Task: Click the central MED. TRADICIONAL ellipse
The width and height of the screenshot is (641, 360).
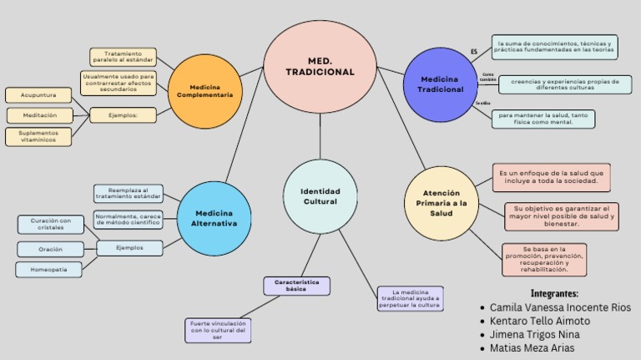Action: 320,67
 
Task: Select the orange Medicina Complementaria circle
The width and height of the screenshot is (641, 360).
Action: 204,91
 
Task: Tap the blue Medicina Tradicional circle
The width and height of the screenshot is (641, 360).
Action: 440,84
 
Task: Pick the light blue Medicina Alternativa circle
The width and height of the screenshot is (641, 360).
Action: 215,219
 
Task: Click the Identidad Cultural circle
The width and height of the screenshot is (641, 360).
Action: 320,196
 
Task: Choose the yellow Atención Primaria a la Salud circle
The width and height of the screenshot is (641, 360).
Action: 442,203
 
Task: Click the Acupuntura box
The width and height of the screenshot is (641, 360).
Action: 38,95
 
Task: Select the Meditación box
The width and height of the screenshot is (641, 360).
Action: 40,115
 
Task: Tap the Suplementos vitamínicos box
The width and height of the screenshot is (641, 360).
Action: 38,136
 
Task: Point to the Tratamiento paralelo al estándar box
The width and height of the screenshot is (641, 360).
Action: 123,58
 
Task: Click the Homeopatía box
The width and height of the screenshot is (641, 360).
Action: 49,270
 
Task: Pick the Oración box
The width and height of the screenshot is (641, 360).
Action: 51,249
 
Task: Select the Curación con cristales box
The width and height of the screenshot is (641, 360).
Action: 51,224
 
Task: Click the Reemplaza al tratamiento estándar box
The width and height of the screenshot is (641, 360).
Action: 128,194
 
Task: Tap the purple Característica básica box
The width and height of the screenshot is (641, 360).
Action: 296,286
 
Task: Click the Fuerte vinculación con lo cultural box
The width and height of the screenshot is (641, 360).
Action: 218,330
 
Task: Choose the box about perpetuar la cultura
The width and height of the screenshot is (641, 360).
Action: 410,298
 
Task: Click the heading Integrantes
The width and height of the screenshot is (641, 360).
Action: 554,293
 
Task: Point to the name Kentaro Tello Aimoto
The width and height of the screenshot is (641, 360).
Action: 539,321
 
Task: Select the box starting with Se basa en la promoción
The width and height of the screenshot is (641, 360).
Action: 544,260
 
